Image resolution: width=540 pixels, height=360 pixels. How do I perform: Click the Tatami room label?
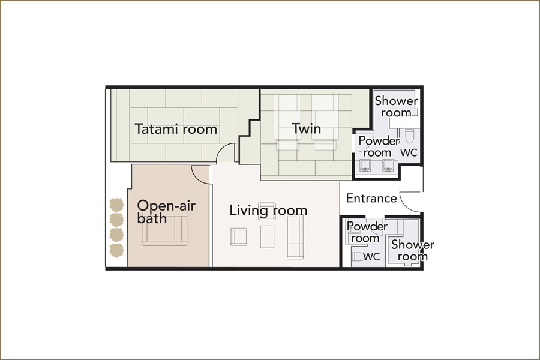click(x=176, y=129)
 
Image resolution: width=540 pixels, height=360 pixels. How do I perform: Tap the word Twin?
click(x=307, y=128)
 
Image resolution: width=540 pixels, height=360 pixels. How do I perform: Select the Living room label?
click(x=268, y=211)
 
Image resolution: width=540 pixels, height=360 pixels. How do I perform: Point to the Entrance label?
click(x=371, y=199)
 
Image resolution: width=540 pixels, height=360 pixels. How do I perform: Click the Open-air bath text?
click(x=166, y=212)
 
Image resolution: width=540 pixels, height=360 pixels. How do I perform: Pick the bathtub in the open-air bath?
click(x=165, y=229)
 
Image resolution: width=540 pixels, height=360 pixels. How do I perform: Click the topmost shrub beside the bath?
click(x=116, y=205)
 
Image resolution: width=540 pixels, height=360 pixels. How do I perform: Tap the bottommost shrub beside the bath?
click(x=116, y=250)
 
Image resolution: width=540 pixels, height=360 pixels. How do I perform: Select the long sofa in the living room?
click(x=296, y=237)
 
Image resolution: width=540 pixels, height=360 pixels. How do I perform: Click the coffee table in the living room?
click(x=267, y=236)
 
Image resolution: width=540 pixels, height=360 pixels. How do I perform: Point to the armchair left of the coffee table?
click(x=238, y=236)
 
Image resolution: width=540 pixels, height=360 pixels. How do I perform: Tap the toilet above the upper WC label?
click(x=409, y=136)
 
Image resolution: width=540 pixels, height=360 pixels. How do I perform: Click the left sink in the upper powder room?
click(x=365, y=166)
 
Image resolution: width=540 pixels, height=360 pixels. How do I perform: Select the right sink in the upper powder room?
click(x=388, y=166)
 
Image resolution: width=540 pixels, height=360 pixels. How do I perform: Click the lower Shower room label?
click(x=413, y=250)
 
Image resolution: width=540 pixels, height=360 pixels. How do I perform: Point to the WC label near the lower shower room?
click(x=371, y=257)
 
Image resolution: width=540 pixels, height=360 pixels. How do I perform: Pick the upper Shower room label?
click(x=396, y=106)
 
